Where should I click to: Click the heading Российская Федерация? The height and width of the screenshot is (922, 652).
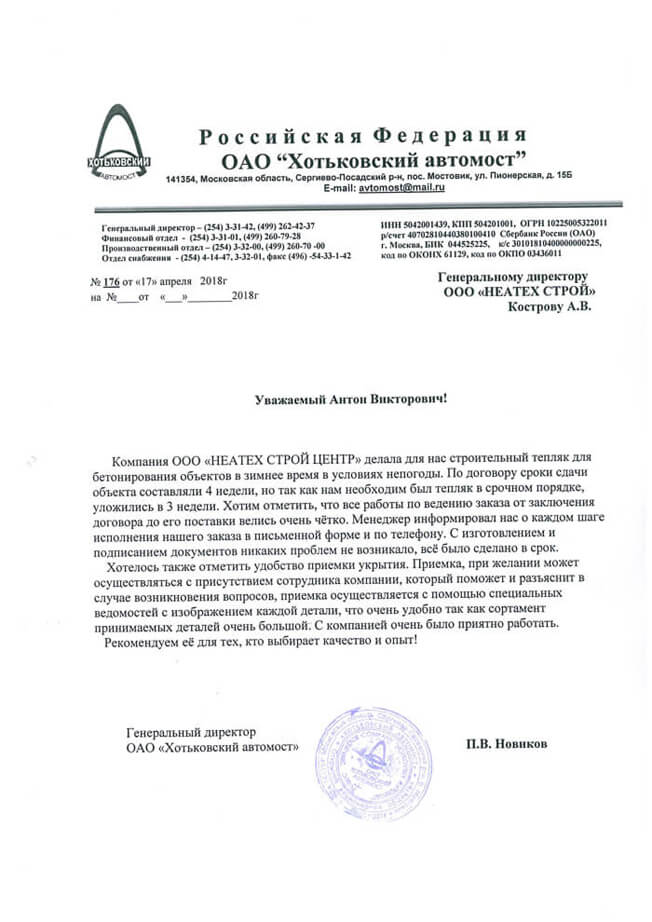(x=361, y=136)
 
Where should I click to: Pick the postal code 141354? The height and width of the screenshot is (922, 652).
(x=181, y=177)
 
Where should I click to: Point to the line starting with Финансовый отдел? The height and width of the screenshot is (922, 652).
(x=200, y=237)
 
